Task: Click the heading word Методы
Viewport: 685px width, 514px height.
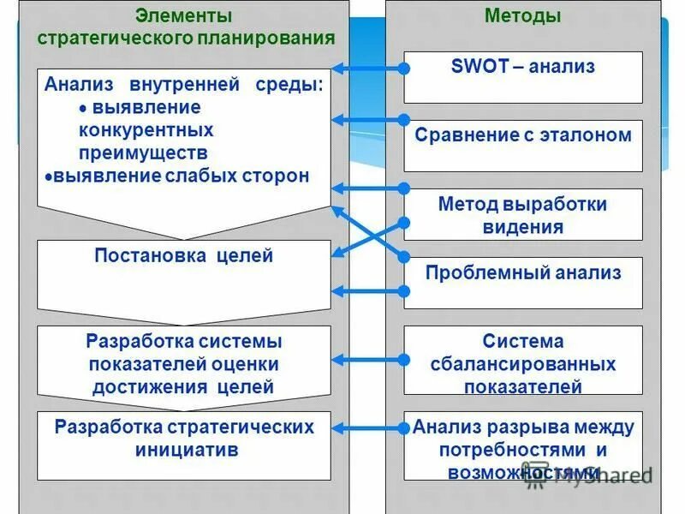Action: click(x=522, y=16)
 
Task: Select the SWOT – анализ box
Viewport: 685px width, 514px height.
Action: click(x=522, y=77)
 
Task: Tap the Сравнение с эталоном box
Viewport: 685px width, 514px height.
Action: click(x=522, y=146)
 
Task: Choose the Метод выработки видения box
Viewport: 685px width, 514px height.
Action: click(x=522, y=215)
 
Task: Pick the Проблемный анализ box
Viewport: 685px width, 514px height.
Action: click(x=522, y=283)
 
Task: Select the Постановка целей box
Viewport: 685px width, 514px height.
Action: click(x=183, y=266)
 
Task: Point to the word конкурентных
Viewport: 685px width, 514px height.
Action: click(x=146, y=131)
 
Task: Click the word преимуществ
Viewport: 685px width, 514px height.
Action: click(x=143, y=153)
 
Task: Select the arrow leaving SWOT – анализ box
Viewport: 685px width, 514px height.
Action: click(x=368, y=68)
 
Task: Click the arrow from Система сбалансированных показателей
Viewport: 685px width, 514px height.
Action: click(x=368, y=360)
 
